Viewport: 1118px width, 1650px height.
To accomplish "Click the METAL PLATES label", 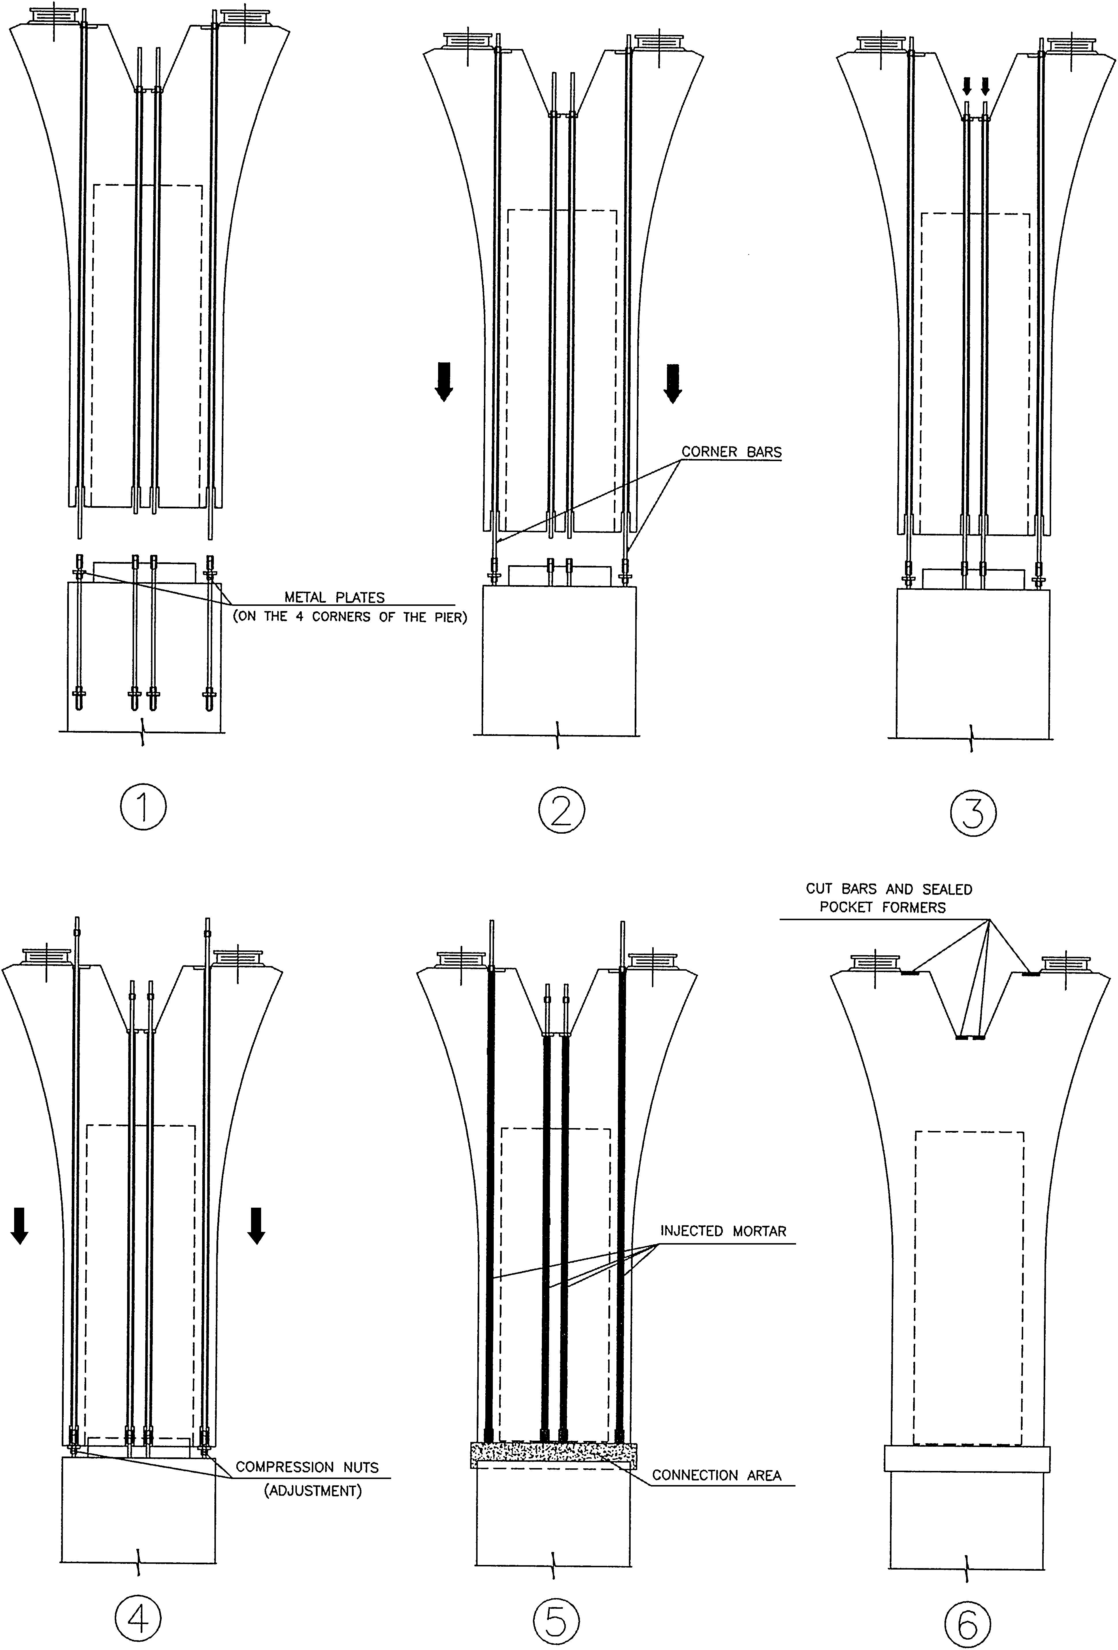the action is coord(334,598).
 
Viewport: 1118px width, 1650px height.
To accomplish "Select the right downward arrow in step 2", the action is coord(672,383).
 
